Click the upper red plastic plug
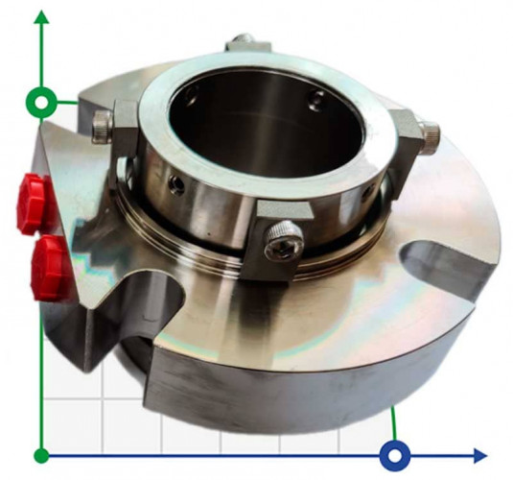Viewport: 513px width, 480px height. coord(35,204)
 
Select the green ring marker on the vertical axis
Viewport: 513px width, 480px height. coord(41,101)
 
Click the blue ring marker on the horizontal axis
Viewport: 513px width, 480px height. coord(394,454)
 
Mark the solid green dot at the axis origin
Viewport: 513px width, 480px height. coord(41,454)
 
